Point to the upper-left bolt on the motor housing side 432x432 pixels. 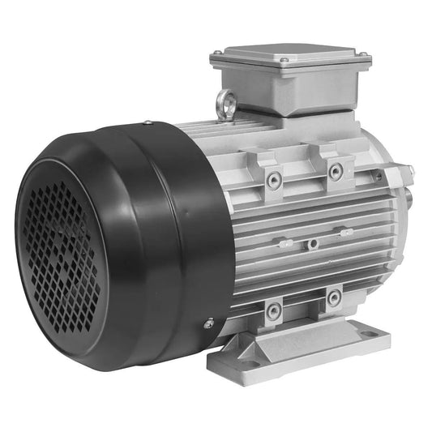[x=275, y=179]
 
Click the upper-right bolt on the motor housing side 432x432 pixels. [x=334, y=170]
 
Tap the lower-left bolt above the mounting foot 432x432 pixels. [x=275, y=310]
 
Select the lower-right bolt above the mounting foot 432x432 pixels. [x=333, y=297]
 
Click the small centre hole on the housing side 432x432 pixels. [x=311, y=242]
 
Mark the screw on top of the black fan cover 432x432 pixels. [x=147, y=123]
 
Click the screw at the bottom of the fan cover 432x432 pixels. [x=208, y=323]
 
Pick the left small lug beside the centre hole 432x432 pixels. [x=283, y=242]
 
